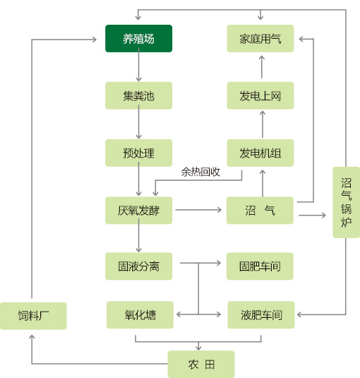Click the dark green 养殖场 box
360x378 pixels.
(138, 39)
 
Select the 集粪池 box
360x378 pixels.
(138, 95)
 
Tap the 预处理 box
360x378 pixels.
(138, 153)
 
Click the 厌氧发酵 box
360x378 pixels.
(138, 211)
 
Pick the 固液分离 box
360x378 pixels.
(138, 266)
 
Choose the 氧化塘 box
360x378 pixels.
(140, 315)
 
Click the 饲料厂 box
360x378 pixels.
(33, 316)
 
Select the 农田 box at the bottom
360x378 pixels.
(201, 365)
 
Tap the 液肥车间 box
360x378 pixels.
(261, 315)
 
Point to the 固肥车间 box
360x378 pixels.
(260, 266)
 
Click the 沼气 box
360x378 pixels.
(260, 211)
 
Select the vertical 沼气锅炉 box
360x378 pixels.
(347, 202)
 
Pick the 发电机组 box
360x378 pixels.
(260, 153)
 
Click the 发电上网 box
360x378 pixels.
(260, 95)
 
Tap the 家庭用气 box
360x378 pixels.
(260, 39)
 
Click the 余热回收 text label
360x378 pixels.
(200, 172)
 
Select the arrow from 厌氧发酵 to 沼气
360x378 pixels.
(198, 210)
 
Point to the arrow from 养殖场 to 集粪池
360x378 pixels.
(138, 64)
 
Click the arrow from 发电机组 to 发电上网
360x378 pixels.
(263, 124)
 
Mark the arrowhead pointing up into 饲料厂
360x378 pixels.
(32, 337)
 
